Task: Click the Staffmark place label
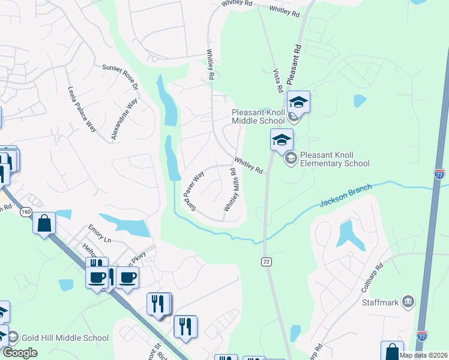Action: [381, 302]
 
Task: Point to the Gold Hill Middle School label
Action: [62, 338]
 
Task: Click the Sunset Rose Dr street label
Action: [120, 78]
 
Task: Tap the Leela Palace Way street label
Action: [82, 109]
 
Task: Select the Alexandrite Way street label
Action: [124, 120]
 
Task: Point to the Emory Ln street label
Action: [99, 239]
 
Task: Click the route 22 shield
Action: [267, 262]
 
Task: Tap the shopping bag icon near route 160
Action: [45, 224]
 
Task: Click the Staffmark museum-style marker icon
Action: [408, 301]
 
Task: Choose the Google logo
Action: [20, 353]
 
